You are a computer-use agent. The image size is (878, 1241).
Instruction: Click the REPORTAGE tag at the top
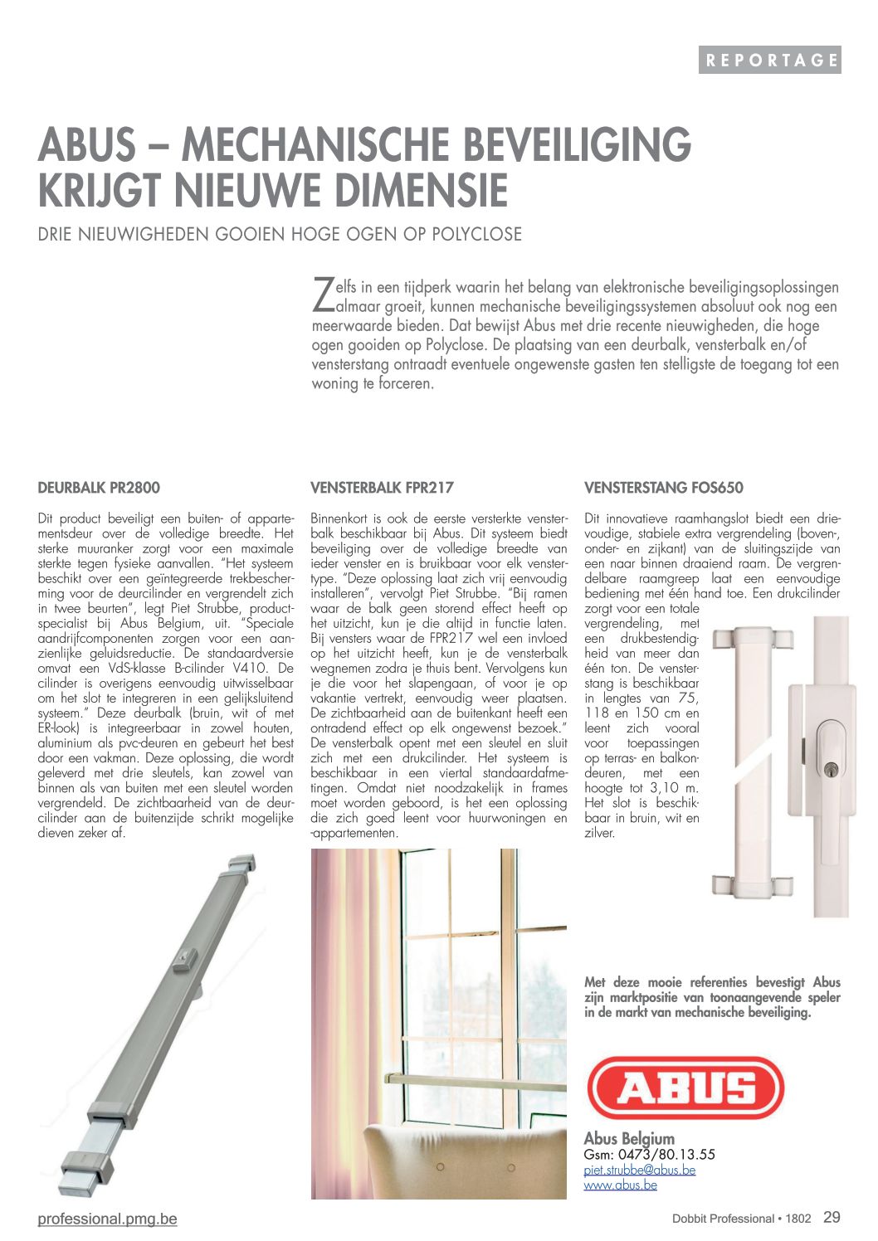coord(769,60)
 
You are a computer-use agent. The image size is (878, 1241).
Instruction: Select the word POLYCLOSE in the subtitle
coord(476,234)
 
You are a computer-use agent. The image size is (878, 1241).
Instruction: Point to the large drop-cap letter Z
coord(322,292)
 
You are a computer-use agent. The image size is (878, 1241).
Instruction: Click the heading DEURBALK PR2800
coord(99,488)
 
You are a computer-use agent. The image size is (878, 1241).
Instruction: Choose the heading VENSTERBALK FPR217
coord(382,488)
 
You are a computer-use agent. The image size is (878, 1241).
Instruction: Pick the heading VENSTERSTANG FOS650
coord(663,488)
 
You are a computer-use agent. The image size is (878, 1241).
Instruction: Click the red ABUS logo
coord(685,1088)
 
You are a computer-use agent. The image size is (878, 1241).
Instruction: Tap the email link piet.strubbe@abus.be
coord(639,1170)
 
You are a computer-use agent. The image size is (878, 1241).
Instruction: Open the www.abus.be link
coord(620,1185)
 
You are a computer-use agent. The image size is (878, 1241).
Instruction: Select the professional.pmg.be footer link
coord(107,1219)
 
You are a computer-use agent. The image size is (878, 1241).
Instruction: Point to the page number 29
coord(832,1217)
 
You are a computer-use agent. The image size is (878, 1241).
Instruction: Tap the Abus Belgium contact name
coord(629,1138)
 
